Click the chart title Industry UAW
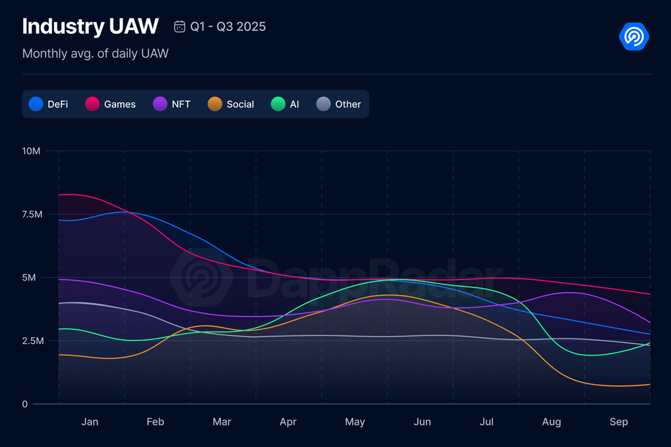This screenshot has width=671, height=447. pyautogui.click(x=90, y=26)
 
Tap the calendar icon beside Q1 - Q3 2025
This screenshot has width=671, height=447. pyautogui.click(x=180, y=26)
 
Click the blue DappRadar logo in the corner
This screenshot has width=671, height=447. pyautogui.click(x=634, y=37)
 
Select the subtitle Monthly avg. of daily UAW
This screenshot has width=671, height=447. pyautogui.click(x=95, y=54)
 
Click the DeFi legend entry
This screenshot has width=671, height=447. pyautogui.click(x=49, y=104)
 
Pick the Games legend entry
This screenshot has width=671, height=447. pyautogui.click(x=110, y=104)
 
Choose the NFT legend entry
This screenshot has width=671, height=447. pyautogui.click(x=172, y=104)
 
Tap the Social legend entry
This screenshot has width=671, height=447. pyautogui.click(x=231, y=104)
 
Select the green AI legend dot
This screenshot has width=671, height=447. pyautogui.click(x=278, y=104)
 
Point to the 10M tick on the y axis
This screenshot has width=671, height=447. pyautogui.click(x=31, y=151)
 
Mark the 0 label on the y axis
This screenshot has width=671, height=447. pyautogui.click(x=25, y=404)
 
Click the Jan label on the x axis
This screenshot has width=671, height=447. pyautogui.click(x=90, y=422)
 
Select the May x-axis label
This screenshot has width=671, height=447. pyautogui.click(x=355, y=422)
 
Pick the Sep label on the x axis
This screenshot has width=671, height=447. pyautogui.click(x=619, y=422)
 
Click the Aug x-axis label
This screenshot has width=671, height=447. pyautogui.click(x=551, y=422)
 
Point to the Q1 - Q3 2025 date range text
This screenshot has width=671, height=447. pyautogui.click(x=228, y=26)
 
